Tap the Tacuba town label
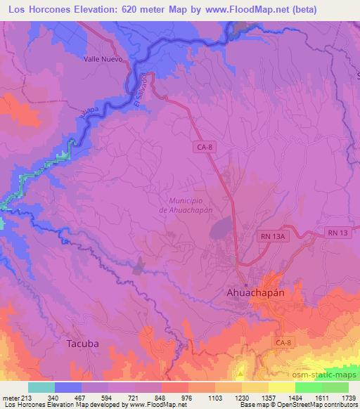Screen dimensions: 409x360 coord(83,344)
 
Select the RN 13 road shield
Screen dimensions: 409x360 coord(336,232)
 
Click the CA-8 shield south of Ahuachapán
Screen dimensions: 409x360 coord(283,342)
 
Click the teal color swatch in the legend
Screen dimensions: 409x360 coord(41,387)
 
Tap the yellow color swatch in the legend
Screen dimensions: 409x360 coord(281,387)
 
